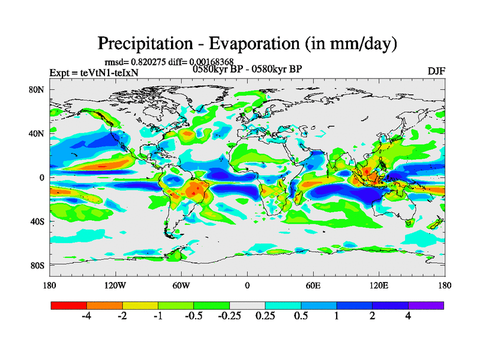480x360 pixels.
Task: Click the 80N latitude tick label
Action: (x=38, y=89)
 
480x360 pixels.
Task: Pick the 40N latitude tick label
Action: (x=38, y=133)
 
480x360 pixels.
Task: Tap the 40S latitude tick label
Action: (x=38, y=221)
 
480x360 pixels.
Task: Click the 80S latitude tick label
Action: (x=38, y=265)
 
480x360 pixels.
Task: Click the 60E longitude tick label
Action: (x=313, y=285)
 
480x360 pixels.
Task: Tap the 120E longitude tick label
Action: (x=379, y=285)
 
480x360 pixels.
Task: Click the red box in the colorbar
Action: (x=69, y=305)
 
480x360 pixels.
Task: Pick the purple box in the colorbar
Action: (x=426, y=305)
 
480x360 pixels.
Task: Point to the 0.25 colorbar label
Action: (x=265, y=317)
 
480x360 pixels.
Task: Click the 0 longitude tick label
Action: (x=247, y=285)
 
